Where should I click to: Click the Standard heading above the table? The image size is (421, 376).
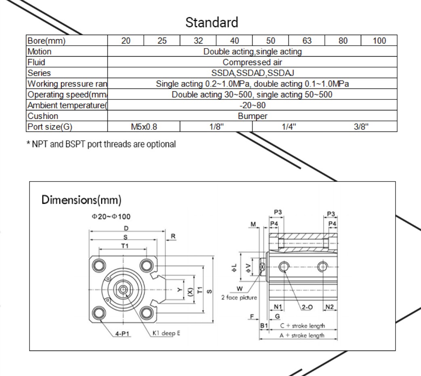coord(212,22)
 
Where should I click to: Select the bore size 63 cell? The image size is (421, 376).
coord(307,41)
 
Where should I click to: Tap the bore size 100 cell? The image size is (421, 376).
coord(379,41)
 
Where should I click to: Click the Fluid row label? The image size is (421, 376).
coord(36,62)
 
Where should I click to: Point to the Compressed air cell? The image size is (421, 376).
coord(252,62)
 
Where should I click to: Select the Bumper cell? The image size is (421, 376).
coord(252,116)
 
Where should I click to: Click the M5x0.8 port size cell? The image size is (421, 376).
coord(143,127)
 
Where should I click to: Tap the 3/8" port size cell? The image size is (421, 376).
coord(361,127)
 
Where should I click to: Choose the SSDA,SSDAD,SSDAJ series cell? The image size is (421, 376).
coord(252,73)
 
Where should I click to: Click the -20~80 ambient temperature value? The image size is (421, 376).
coord(252,106)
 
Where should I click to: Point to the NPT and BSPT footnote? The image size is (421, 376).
coord(101,144)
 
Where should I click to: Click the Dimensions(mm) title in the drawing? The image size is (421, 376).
coord(82,200)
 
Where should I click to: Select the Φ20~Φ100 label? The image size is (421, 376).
coord(111,217)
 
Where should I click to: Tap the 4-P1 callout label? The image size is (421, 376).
coord(122,334)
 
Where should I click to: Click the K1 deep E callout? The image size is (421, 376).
coord(166,334)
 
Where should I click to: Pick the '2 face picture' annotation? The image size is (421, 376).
coord(239,298)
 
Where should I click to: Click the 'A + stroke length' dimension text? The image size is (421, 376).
coord(302,336)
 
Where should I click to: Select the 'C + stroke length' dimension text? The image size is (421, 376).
coord(303,326)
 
